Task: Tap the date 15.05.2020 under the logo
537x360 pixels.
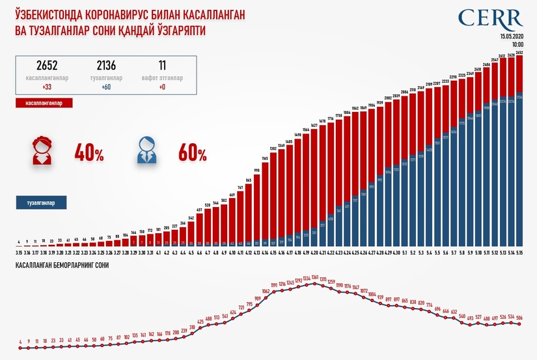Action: [512, 37]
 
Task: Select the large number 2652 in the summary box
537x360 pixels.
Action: [47, 65]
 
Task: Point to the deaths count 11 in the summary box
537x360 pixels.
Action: [161, 65]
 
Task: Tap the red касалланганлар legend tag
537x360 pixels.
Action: [44, 103]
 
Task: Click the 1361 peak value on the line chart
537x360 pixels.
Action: [315, 277]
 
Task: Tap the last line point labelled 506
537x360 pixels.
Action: [519, 318]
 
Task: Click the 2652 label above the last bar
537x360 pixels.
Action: [519, 52]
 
